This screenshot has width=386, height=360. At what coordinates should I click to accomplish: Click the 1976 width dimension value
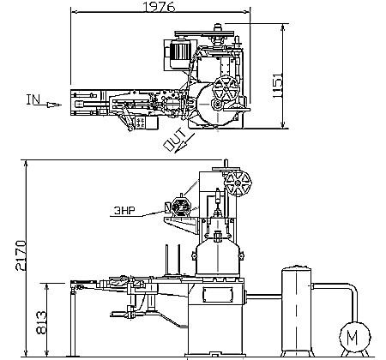pos(159,6)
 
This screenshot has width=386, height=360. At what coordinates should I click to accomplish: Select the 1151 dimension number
pos(277,86)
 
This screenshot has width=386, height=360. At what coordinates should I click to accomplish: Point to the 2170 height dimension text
pos(21,255)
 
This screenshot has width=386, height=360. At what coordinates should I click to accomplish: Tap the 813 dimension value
pos(41,322)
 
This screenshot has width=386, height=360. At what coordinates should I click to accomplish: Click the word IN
pos(33,99)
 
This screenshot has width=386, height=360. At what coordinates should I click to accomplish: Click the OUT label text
pos(174,139)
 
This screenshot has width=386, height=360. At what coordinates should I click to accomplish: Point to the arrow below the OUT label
pos(184,143)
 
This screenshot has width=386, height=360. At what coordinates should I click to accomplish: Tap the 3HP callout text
pos(124,211)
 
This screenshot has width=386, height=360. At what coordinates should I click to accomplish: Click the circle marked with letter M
pos(354,337)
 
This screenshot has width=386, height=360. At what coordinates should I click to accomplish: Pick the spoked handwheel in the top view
pos(226,88)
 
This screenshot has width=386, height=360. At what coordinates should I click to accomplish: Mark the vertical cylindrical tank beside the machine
pos(297,310)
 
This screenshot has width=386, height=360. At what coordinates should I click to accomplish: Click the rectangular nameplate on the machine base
pos(218,294)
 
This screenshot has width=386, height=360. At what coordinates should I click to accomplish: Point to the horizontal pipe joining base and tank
pos(263,297)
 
